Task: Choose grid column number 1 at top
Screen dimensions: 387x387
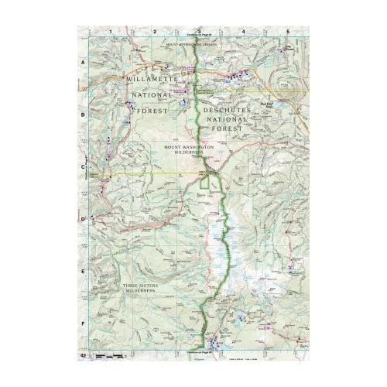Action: tap(111, 31)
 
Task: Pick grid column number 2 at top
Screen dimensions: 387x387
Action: tap(156, 31)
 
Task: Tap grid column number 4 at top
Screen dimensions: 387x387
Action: tap(244, 31)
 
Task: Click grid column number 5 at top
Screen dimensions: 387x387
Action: tap(288, 31)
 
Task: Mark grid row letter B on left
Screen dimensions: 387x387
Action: tap(84, 118)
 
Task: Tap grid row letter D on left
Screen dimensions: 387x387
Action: tap(84, 220)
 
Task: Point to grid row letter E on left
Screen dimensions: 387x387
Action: tap(84, 271)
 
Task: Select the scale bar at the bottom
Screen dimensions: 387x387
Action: tap(108, 354)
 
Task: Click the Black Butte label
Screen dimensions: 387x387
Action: tap(265, 101)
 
